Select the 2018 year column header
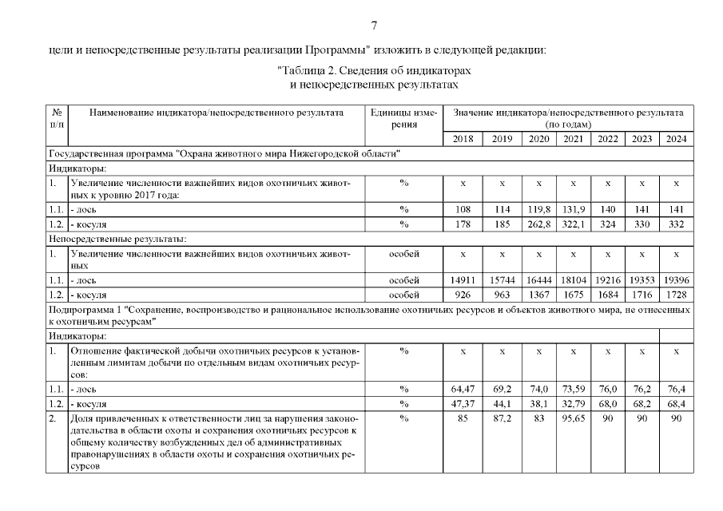(463, 139)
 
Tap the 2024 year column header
(676, 139)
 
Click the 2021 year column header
(574, 139)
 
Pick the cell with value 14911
(463, 281)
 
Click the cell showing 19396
(676, 281)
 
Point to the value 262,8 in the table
(538, 224)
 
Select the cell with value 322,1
(574, 224)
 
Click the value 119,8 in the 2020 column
(538, 210)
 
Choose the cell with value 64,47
(463, 390)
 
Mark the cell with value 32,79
(574, 404)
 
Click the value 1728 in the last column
(676, 295)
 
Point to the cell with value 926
(463, 295)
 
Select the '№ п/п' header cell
(58, 118)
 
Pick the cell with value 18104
(574, 281)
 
